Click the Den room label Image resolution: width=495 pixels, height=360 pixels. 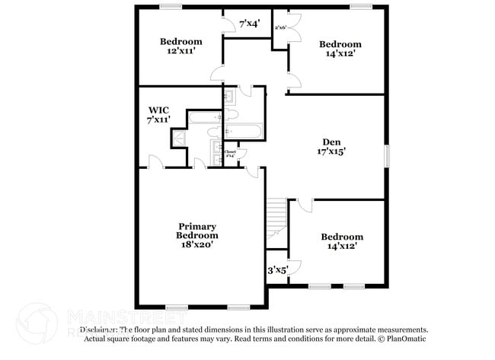(x=331, y=142)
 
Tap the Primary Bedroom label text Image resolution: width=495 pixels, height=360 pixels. (x=197, y=231)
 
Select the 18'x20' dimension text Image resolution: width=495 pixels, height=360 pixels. (x=197, y=245)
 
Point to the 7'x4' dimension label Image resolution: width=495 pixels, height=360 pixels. (x=250, y=24)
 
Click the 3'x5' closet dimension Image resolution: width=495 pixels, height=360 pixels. (x=276, y=270)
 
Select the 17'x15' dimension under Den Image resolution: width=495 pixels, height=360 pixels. (x=331, y=152)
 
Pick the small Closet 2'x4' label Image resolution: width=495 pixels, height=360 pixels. (x=230, y=153)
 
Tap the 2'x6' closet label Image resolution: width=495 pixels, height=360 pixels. (x=279, y=27)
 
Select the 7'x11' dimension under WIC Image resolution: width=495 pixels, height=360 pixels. (x=158, y=119)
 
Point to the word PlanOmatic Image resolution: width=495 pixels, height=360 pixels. (x=404, y=338)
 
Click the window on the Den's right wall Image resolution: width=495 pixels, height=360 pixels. (x=385, y=155)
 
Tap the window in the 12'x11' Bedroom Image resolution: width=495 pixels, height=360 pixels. (x=171, y=8)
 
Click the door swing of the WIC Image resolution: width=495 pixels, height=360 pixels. (x=155, y=162)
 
